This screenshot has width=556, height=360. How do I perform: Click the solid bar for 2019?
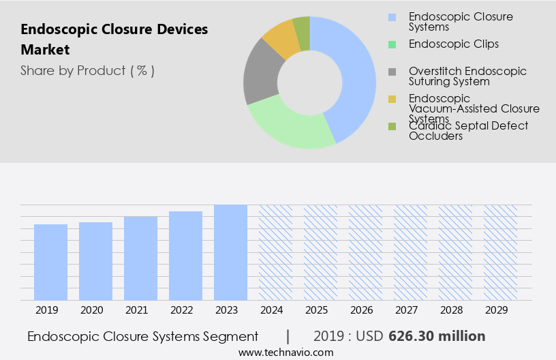click(51, 262)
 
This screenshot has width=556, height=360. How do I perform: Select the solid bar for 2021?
click(141, 258)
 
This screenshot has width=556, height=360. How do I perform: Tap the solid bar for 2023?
click(230, 252)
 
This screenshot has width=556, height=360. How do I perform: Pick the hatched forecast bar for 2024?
click(275, 252)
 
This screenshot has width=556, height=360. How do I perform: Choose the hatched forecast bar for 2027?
click(410, 252)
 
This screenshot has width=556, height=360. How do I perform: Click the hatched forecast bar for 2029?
click(500, 252)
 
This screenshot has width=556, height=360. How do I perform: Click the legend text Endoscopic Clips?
click(453, 44)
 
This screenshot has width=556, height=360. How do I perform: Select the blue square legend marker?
click(391, 17)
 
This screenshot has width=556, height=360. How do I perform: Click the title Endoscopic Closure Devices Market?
click(114, 40)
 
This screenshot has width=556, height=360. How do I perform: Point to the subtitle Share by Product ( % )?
click(87, 70)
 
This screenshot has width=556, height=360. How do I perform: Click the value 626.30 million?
click(437, 336)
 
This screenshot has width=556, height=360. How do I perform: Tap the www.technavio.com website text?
click(285, 352)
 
